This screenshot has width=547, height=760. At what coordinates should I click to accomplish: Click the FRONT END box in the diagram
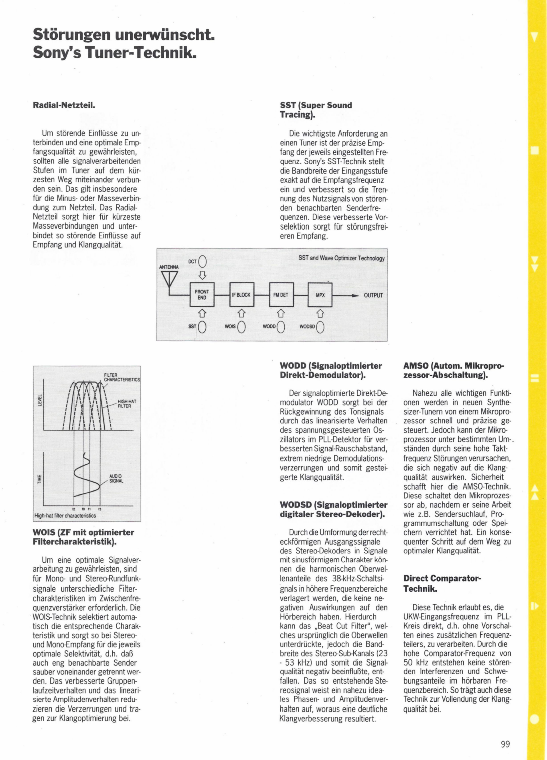pyautogui.click(x=202, y=295)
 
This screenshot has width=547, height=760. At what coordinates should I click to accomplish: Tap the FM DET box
pyautogui.click(x=281, y=295)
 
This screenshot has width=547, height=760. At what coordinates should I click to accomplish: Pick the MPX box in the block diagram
pyautogui.click(x=320, y=295)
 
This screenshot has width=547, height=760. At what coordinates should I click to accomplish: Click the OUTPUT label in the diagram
pyautogui.click(x=373, y=295)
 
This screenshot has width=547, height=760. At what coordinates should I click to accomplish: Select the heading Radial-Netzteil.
pyautogui.click(x=64, y=105)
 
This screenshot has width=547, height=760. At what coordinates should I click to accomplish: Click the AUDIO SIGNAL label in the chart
pyautogui.click(x=116, y=479)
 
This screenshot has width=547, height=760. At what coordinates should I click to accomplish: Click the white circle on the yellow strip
pyautogui.click(x=535, y=718)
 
